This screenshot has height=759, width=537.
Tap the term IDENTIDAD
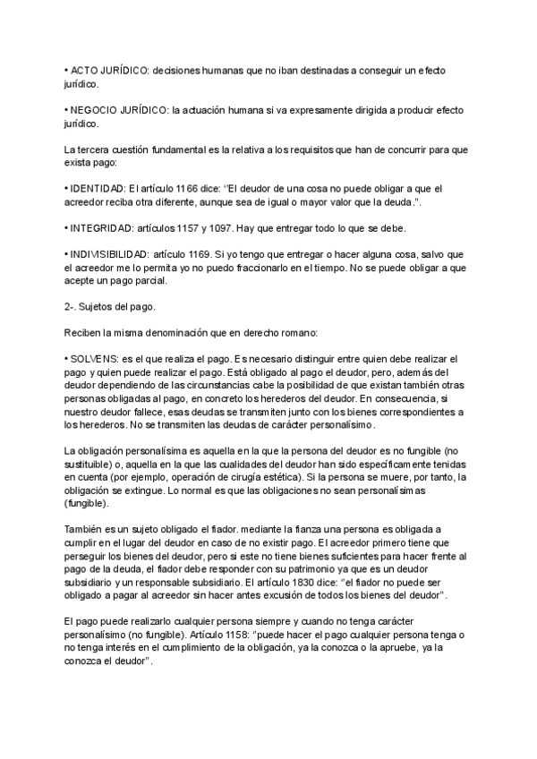[68, 188]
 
